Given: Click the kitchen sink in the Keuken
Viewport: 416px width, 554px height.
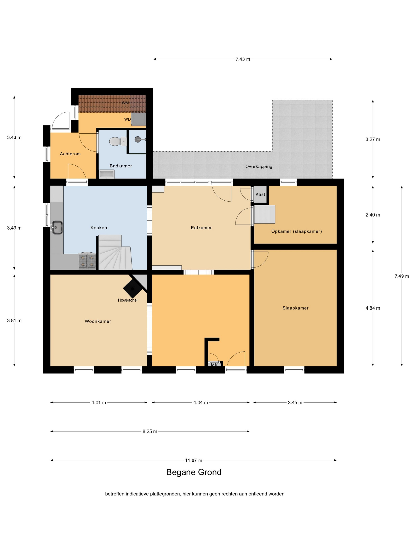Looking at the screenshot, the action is [x=57, y=227].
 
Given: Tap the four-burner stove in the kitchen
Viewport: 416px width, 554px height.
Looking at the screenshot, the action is [x=87, y=261].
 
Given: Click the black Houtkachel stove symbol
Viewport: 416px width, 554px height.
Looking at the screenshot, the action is [x=132, y=288].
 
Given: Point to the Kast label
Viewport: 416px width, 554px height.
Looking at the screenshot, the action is [x=260, y=194].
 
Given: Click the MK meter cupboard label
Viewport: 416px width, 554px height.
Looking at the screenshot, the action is [x=214, y=365].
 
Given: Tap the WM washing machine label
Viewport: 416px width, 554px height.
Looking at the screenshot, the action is [x=125, y=103].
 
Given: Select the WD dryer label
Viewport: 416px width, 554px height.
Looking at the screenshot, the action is [x=127, y=120].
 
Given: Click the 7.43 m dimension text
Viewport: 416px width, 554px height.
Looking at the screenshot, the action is [x=243, y=59].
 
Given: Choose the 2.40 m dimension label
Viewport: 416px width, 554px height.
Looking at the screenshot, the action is [x=373, y=215].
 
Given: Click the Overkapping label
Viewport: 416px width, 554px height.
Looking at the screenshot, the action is [x=259, y=167].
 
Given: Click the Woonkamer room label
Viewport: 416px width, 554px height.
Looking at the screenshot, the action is [x=98, y=321].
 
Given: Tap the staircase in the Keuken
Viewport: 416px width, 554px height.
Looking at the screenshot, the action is [x=114, y=252].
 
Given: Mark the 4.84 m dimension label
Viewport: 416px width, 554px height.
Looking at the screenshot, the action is [x=373, y=308].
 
